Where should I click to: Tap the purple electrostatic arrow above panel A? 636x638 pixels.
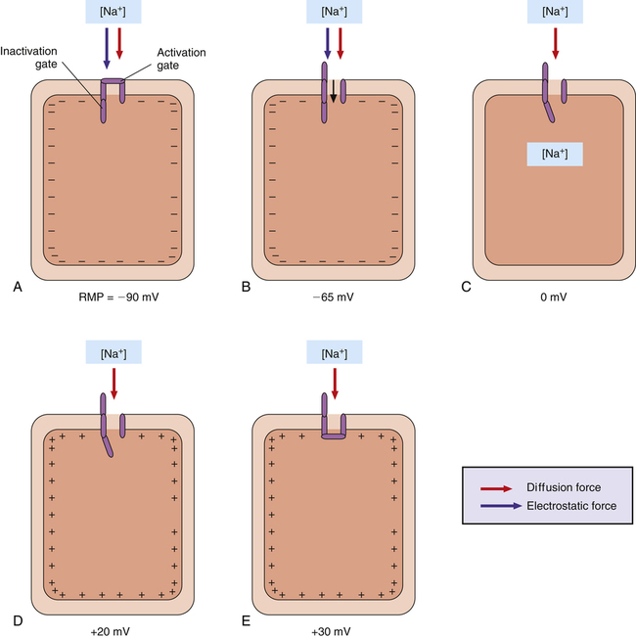point(107,48)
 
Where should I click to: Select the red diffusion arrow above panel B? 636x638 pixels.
point(341,48)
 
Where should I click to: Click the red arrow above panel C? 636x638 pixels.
point(555,44)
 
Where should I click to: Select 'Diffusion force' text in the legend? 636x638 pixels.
point(564,487)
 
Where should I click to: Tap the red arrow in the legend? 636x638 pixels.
point(496,487)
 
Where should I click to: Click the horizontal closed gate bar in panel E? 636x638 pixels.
point(334,434)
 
